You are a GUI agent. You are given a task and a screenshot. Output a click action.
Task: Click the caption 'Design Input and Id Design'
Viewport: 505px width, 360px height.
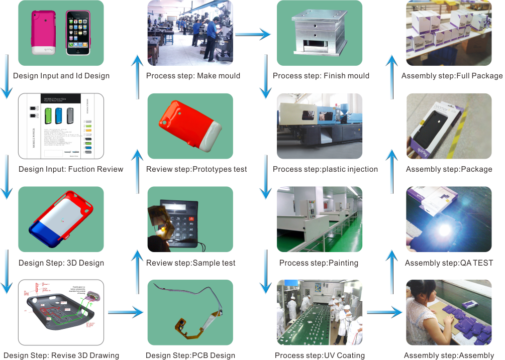coord(61,76)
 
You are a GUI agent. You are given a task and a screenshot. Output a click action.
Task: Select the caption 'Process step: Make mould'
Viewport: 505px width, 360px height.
coord(193,76)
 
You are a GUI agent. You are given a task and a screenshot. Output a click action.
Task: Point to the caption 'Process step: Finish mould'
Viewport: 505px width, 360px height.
coord(321,76)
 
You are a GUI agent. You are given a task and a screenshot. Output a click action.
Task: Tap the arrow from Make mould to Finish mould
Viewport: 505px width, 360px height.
coord(252,34)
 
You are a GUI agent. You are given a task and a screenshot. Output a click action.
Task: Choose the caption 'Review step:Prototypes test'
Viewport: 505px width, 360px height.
coord(196,169)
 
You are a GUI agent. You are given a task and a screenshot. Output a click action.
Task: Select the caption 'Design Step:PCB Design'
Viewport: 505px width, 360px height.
coord(190,355)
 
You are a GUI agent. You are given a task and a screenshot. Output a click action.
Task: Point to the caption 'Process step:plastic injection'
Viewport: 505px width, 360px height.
coord(325,169)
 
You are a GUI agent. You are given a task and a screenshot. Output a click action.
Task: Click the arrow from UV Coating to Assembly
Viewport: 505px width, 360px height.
coord(384,313)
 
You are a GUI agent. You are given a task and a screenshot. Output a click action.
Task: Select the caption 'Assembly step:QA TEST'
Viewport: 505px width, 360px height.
coord(449,263)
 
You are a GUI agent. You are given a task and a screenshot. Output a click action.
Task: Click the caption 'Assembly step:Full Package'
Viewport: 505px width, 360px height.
coord(452,76)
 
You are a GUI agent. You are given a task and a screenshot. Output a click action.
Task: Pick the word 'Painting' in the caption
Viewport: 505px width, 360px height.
coord(343,263)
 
